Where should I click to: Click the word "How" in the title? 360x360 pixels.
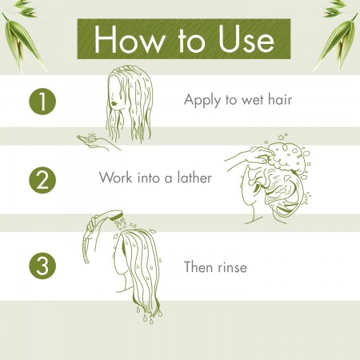tap(130, 39)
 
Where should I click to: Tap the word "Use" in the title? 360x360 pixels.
tap(246, 39)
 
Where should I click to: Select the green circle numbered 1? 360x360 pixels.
tap(42, 102)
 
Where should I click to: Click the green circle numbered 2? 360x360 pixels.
tap(42, 180)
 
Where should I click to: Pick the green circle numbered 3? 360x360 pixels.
tap(42, 266)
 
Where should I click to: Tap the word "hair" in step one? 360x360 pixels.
tap(280, 99)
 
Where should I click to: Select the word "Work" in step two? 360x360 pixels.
tap(115, 178)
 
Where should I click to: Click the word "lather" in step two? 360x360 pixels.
tap(194, 178)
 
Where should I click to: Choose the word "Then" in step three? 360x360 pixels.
tap(198, 266)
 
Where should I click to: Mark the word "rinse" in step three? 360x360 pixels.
tap(232, 267)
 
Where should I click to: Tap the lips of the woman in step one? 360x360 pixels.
tap(114, 103)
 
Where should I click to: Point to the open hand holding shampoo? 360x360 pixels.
tap(94, 142)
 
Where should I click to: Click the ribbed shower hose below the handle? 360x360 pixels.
tap(86, 250)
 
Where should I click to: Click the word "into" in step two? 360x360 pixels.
tap(148, 178)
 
